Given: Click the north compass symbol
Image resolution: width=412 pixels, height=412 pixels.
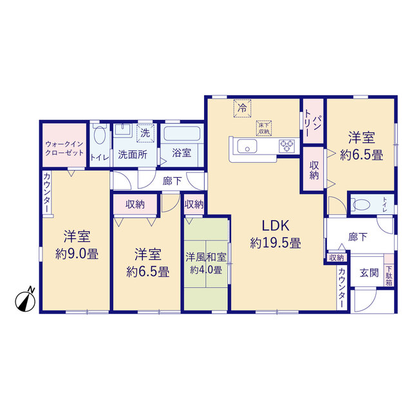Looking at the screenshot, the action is coord(25,300).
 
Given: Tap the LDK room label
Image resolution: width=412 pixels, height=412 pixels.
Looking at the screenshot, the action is coord(276,225).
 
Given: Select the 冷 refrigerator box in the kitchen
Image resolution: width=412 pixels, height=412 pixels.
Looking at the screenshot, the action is coord(242,108).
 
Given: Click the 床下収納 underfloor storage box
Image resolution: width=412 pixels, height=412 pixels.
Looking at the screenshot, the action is coord(264,128).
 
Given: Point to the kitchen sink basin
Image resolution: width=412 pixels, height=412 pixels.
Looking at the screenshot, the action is coord(247,146).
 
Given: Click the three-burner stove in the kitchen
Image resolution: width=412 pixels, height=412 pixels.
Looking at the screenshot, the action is coord(286,146).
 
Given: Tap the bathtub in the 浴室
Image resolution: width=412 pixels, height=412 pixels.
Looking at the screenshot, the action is coord(182,134).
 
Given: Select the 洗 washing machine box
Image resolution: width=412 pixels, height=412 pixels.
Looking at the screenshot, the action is coord(145,133).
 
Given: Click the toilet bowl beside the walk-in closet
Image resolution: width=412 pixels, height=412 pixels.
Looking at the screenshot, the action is coord(100,134).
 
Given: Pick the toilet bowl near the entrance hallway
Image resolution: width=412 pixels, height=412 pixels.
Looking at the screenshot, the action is coord(360,205).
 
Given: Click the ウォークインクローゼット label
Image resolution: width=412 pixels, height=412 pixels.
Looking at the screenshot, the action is coord(64,148).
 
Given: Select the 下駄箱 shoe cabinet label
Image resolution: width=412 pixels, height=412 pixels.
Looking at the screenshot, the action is coord(389,276).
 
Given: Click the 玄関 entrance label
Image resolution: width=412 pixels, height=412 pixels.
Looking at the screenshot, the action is coord(369,273).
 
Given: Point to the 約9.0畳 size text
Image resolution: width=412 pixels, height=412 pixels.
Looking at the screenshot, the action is coord(77,254).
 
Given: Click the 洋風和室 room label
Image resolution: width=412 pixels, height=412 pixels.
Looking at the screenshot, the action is coord(206,257).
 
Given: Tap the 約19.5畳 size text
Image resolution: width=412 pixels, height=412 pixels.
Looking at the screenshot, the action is coord(276,243).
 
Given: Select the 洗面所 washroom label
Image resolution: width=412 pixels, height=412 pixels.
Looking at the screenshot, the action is coord(133,154).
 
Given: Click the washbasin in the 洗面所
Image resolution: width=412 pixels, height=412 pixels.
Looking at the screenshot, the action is coord(124,129).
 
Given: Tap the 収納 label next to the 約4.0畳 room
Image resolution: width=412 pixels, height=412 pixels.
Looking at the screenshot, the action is coord(194,205).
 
